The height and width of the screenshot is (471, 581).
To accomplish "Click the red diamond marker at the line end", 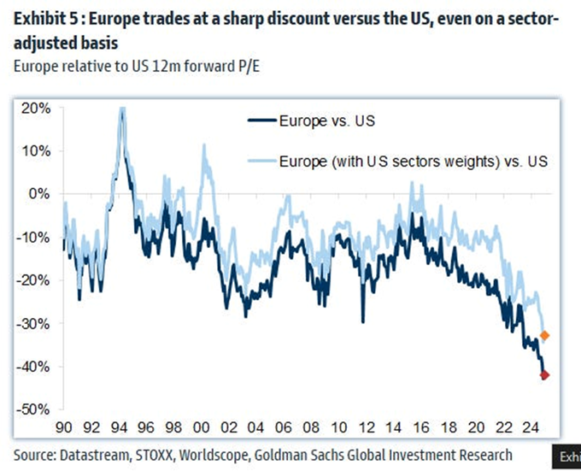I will point(545,374).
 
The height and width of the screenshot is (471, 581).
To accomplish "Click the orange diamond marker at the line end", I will point(545,335).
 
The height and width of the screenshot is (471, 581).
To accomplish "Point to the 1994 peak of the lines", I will point(122,110).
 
